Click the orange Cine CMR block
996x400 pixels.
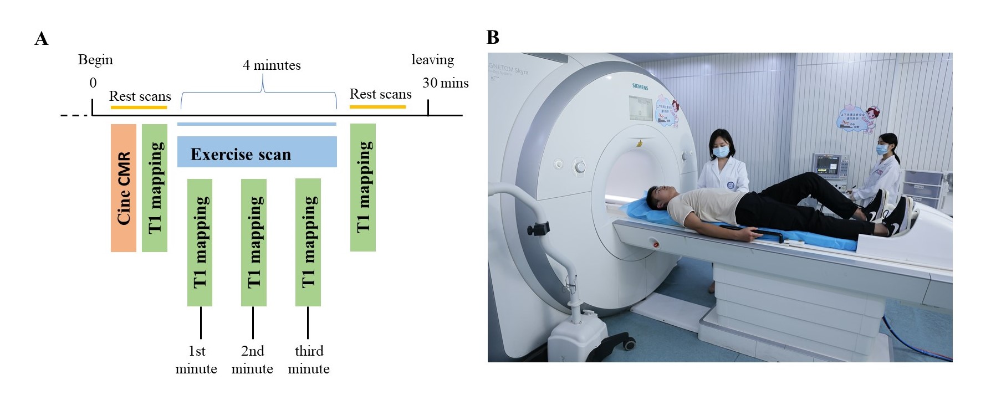124,188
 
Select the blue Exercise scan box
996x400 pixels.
257,152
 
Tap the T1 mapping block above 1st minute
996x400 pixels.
200,242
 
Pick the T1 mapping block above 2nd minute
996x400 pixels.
253,242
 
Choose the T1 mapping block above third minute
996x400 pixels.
308,242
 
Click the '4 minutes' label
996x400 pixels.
272,65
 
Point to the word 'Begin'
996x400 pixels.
95,60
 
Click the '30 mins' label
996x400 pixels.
445,83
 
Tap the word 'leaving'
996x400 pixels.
432,60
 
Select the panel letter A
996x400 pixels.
42,39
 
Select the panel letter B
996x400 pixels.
493,38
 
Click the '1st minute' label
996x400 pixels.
196,360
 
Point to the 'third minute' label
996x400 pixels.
309,360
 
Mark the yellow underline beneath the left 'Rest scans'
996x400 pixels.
139,107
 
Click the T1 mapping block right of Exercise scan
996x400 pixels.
363,187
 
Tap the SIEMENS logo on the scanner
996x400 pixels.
640,86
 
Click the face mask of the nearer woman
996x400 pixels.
719,151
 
